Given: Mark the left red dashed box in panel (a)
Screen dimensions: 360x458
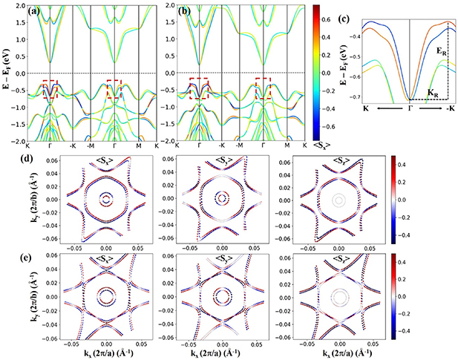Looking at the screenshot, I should pyautogui.click(x=50, y=90).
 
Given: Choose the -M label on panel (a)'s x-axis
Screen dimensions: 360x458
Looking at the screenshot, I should pyautogui.click(x=90, y=145).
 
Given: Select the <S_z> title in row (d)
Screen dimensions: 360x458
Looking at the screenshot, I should pyautogui.click(x=338, y=155).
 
